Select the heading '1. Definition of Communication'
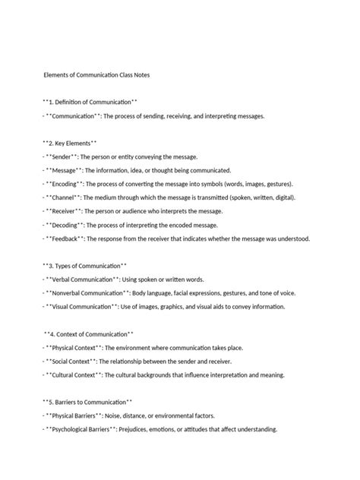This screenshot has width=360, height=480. [x=90, y=102]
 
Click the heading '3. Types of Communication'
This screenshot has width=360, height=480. [x=84, y=266]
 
